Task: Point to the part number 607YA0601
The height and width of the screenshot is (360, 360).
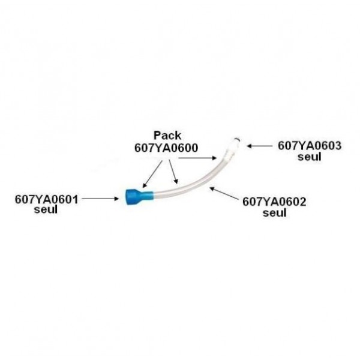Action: (46, 199)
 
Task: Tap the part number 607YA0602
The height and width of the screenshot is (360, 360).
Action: (274, 202)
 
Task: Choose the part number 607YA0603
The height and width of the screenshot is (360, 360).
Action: (310, 146)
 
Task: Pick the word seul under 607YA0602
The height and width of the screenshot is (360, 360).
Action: (274, 212)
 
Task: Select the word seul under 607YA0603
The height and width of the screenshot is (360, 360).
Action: (310, 156)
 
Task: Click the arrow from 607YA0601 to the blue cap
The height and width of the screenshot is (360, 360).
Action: (101, 197)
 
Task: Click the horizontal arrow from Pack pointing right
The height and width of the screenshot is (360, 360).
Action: (198, 158)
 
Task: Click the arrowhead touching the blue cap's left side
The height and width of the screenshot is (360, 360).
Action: (119, 197)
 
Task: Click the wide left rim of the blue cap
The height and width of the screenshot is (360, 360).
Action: (129, 197)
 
